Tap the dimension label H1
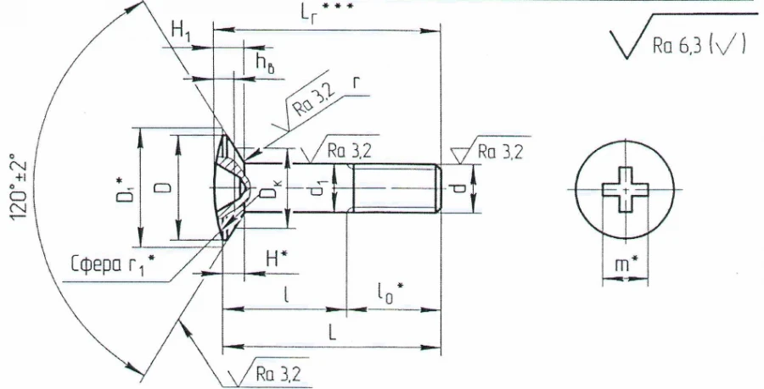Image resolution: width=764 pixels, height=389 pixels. point(182,31)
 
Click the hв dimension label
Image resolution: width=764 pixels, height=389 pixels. point(265,61)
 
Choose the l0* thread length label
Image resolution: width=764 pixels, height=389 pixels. point(390,292)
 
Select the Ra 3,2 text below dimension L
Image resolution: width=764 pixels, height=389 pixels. point(269,373)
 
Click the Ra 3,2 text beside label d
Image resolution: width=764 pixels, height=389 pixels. point(501,153)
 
